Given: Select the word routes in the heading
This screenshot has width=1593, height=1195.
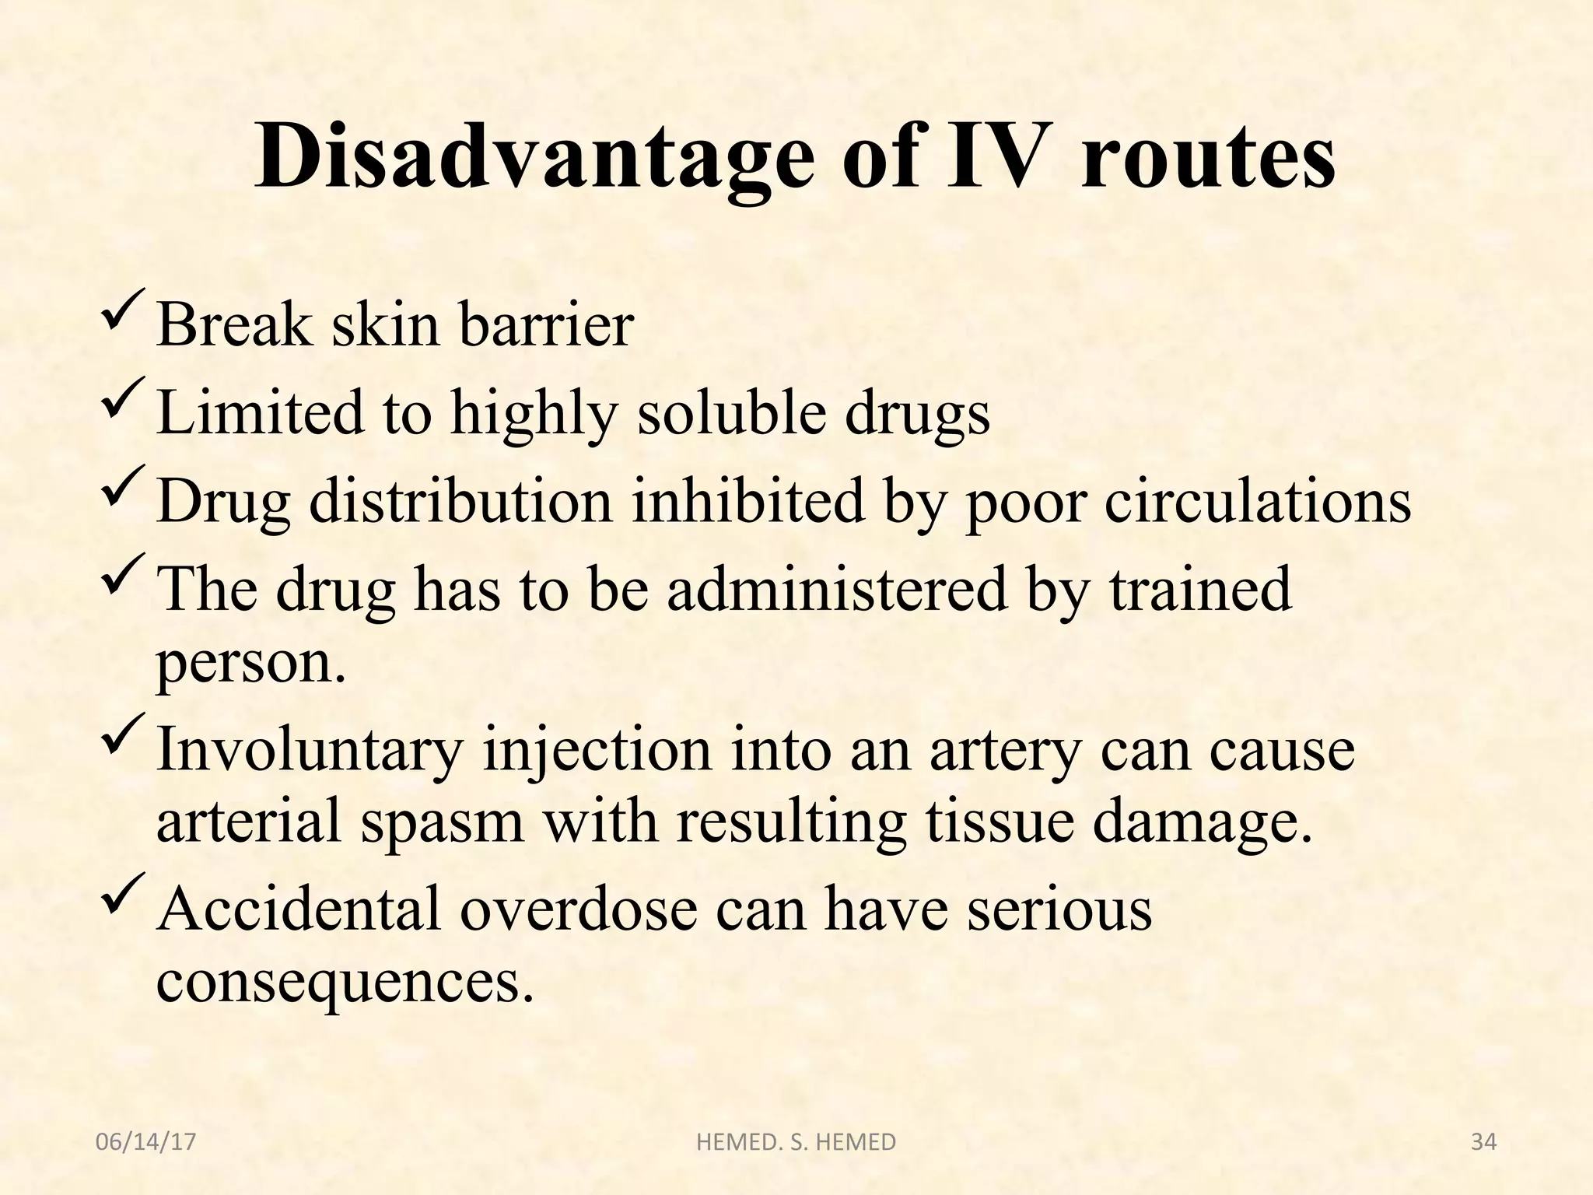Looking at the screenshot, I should pos(1208,159).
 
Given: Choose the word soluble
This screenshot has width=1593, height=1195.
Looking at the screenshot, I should pos(732,412).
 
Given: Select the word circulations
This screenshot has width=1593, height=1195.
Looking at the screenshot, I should pos(1258,499).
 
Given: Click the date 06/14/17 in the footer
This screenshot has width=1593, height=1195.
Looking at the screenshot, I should pos(145,1142).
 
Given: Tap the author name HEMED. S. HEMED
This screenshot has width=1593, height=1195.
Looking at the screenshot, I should pos(796,1142).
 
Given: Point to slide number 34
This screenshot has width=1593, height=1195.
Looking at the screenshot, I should pos(1484,1142).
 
